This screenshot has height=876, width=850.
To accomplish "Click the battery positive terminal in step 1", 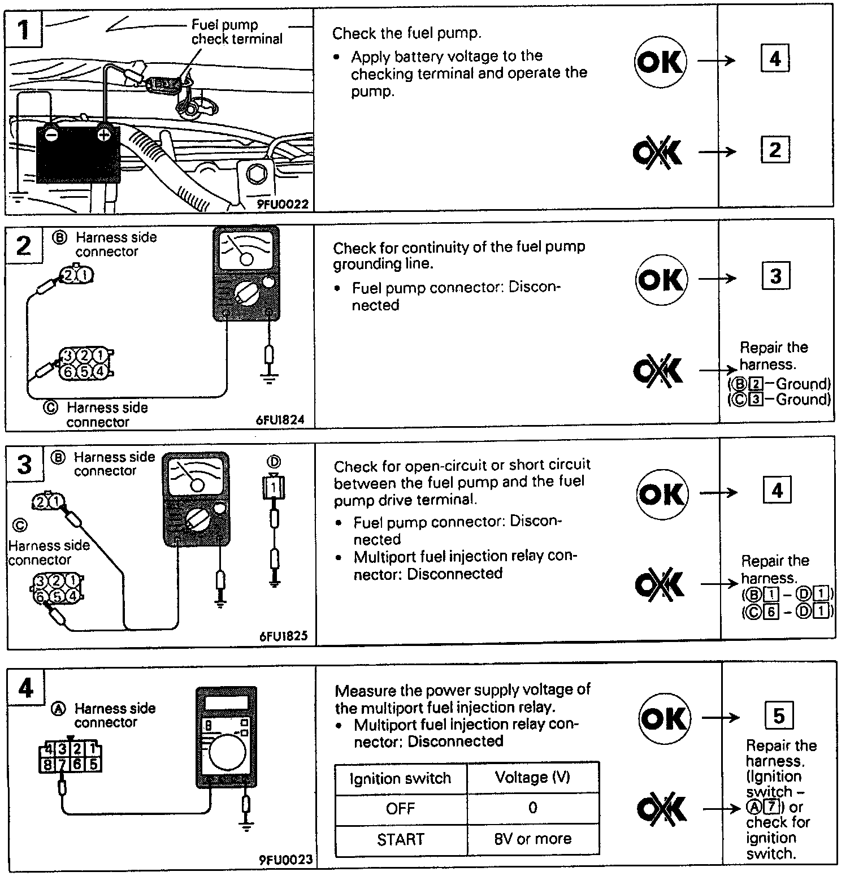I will [104, 135].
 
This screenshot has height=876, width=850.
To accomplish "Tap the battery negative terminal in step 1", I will [51, 135].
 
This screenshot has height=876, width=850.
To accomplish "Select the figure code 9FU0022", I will [283, 205].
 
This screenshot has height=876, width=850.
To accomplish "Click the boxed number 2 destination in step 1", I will [775, 150].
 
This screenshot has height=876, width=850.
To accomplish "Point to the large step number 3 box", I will [24, 465].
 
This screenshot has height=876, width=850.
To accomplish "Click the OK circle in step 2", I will [661, 279].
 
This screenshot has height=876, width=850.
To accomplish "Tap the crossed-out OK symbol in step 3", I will [660, 584].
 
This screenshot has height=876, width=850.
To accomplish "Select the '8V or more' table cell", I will [532, 839].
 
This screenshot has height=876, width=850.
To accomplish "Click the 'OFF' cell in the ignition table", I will [400, 808].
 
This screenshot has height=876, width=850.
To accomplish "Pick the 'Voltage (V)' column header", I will [532, 778].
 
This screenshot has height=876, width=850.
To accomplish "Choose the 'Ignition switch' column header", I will [400, 778].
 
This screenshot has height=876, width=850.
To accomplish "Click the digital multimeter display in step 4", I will [226, 703].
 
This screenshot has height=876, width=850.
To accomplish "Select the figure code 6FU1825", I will [284, 636].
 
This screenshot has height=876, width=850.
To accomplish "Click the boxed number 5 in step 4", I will [779, 716].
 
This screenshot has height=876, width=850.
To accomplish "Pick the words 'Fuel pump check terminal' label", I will [236, 32].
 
